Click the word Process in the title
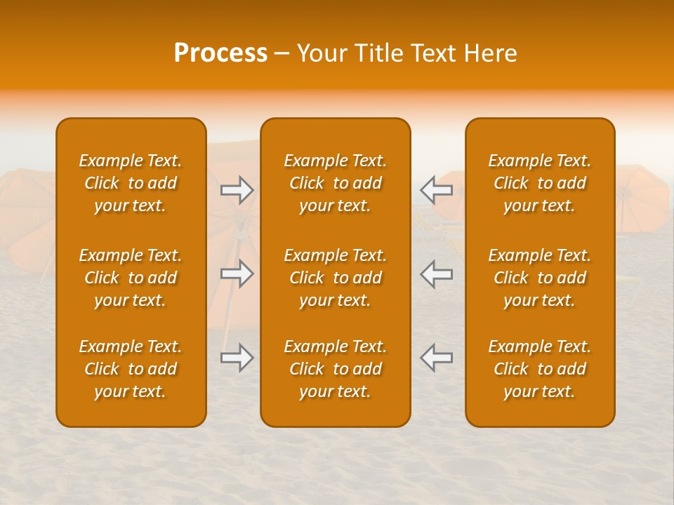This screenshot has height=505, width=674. tap(220, 53)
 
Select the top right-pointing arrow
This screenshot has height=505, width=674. tap(237, 190)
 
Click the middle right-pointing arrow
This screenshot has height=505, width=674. tap(237, 274)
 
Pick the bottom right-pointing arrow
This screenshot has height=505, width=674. tap(237, 358)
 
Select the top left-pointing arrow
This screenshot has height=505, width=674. tap(436, 190)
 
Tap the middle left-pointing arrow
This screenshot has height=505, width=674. tap(436, 274)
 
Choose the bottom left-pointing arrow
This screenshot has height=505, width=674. tap(436, 358)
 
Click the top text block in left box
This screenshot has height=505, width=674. tap(131, 183)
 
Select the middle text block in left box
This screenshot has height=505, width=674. tap(131, 278)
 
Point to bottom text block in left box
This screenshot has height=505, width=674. tap(131, 369)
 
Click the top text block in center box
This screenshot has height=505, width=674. tap(335, 183)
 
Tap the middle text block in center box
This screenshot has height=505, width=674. tap(335, 278)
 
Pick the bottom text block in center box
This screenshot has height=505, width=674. tap(335, 369)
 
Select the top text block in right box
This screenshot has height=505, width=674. tap(539, 183)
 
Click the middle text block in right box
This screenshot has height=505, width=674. tap(539, 278)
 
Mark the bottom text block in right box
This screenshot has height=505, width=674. tap(539, 369)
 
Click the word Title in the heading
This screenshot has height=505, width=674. tap(379, 53)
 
